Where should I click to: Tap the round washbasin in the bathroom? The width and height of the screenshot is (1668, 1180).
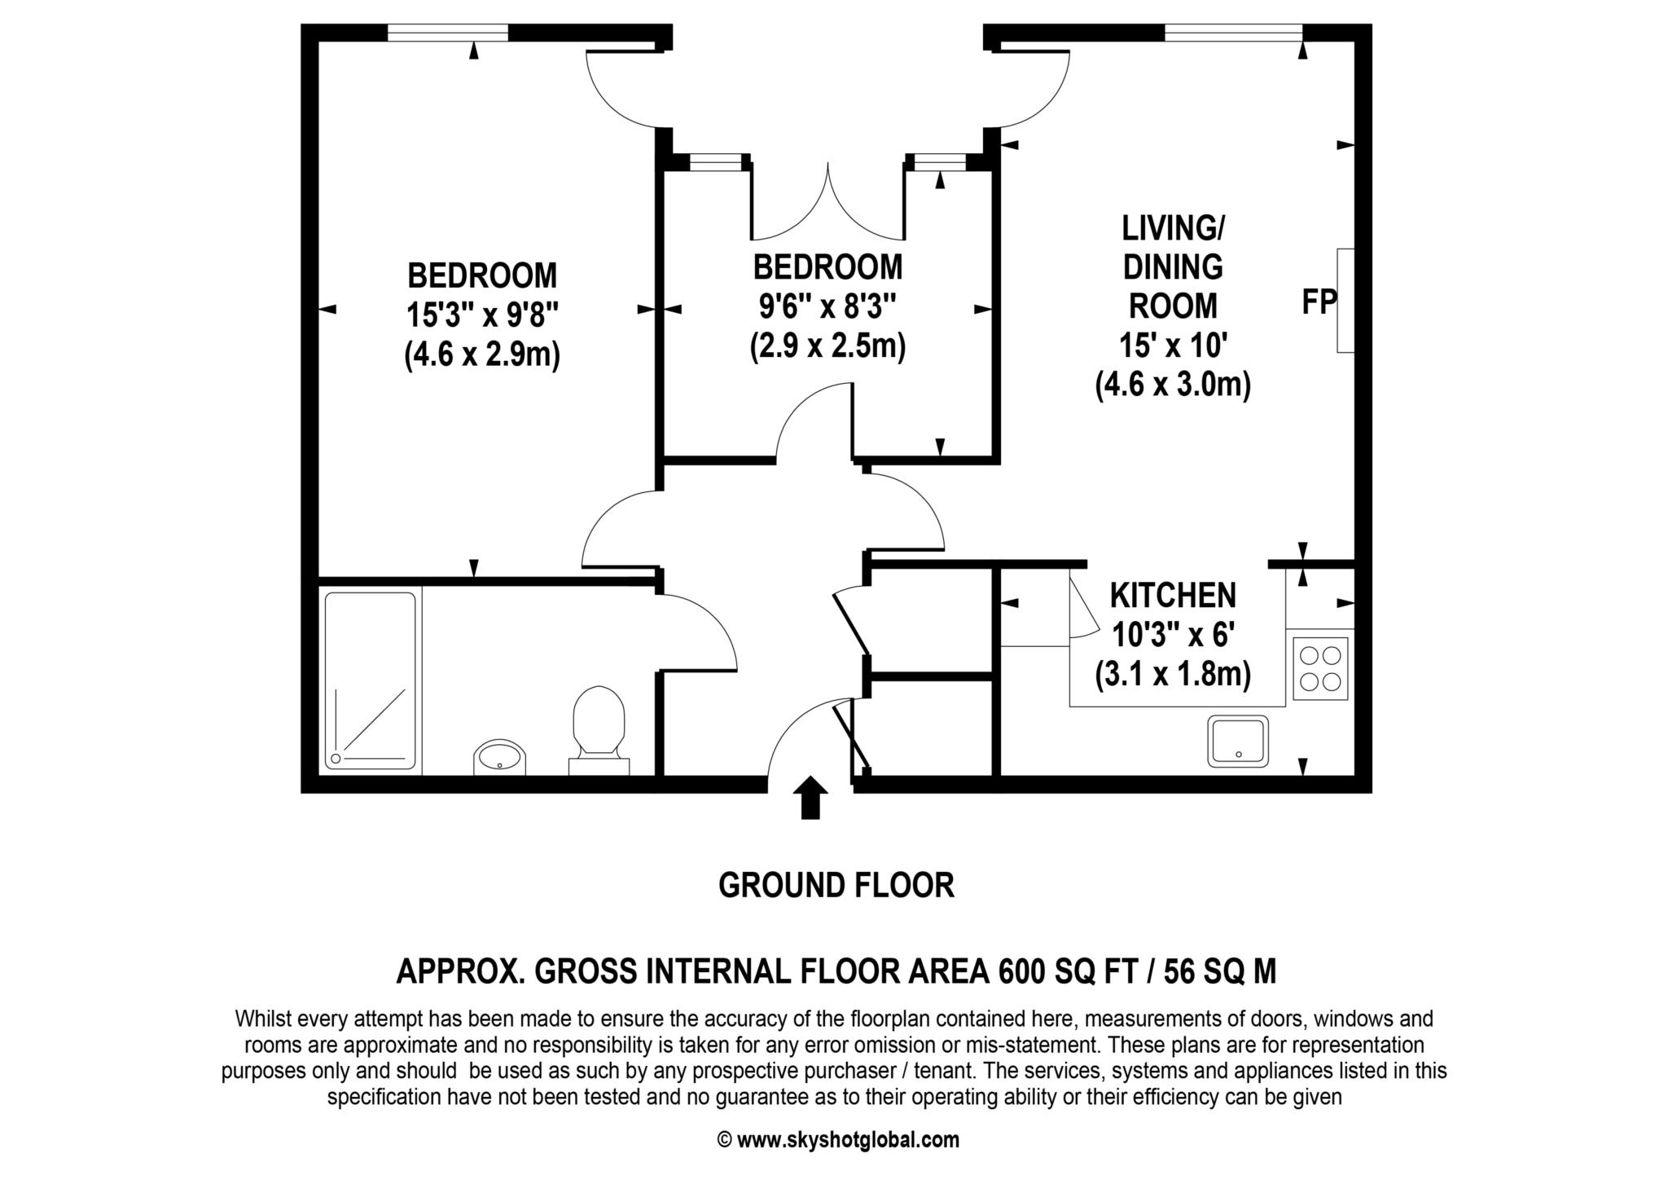(499, 758)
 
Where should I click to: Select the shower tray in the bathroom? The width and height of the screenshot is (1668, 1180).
(371, 681)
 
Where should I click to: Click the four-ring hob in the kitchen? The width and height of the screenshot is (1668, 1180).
(1320, 667)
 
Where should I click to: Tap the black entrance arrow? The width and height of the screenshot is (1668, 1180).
(810, 796)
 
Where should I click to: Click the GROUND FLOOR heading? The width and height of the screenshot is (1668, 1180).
(836, 885)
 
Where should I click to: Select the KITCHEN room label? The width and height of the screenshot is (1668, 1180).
(1173, 596)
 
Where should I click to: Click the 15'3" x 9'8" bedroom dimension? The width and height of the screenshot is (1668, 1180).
(482, 315)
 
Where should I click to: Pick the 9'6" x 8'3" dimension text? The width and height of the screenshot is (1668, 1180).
(827, 307)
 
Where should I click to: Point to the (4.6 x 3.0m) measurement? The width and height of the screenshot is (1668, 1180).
(1173, 384)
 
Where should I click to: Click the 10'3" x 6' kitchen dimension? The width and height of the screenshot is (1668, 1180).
(1173, 635)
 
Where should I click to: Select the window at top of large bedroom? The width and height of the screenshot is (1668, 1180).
(448, 33)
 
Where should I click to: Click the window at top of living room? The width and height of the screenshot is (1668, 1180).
(1233, 33)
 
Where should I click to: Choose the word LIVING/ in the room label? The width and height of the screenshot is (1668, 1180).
(1173, 229)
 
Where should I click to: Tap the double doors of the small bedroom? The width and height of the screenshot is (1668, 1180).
(827, 201)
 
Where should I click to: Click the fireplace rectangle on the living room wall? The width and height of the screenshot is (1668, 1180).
(1345, 301)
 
